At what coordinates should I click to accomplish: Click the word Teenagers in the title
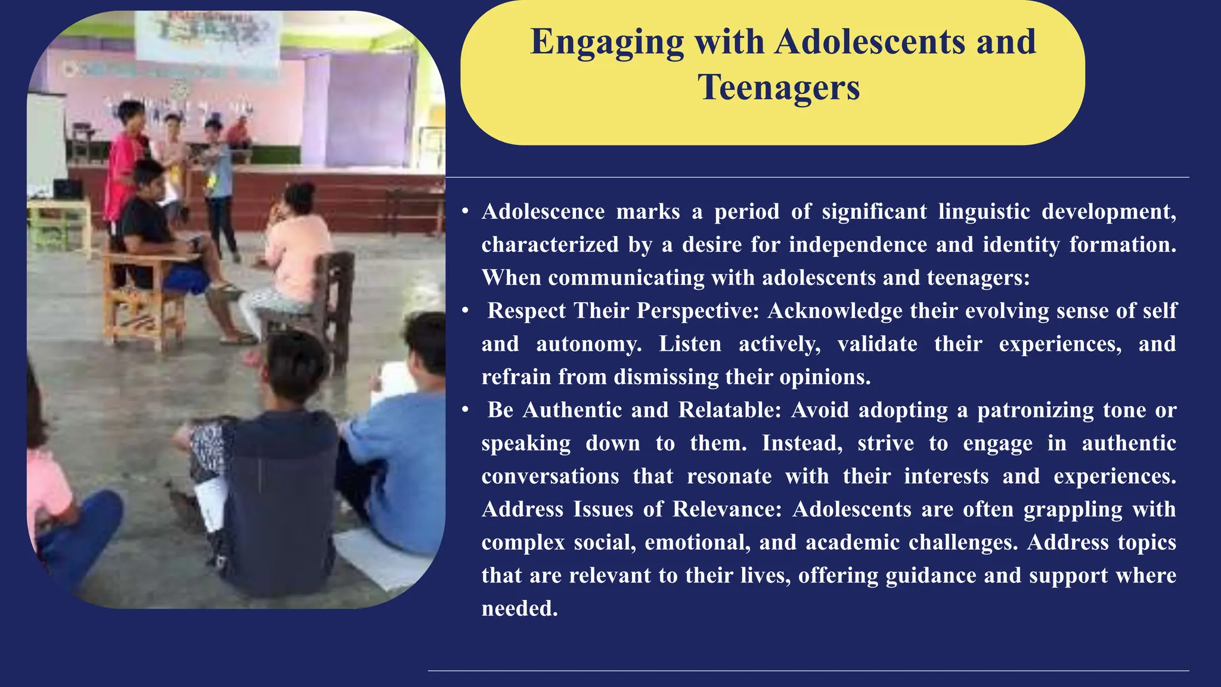[779, 88]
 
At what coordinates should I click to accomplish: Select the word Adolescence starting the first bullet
[543, 212]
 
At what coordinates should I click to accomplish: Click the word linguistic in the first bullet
[984, 212]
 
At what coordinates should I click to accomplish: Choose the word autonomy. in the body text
[588, 344]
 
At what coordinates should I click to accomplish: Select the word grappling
[1073, 509]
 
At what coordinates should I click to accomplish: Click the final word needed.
[519, 608]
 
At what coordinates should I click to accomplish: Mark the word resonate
[729, 476]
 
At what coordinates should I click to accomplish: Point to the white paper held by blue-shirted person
[393, 382]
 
